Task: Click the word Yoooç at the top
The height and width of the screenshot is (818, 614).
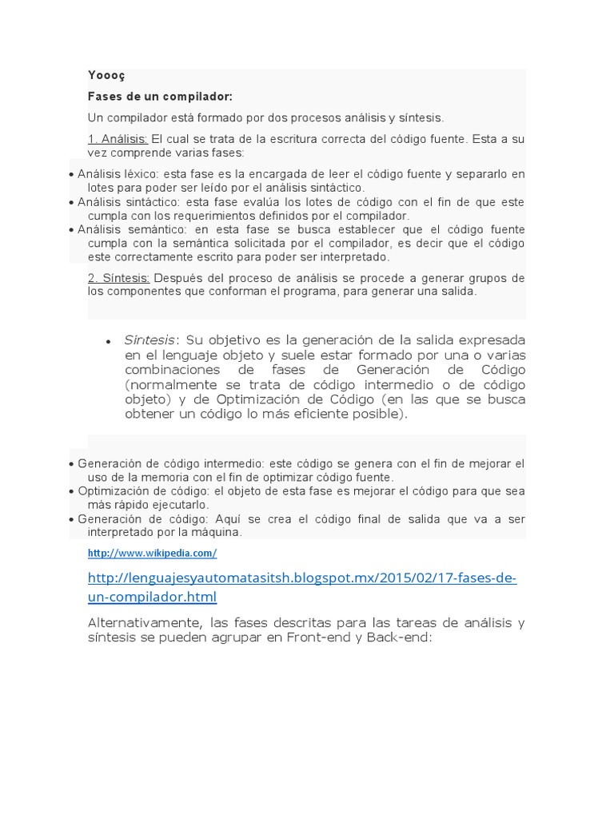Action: tap(106, 76)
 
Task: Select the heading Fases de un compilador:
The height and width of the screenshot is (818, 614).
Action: tap(160, 97)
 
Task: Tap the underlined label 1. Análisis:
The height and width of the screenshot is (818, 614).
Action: tap(118, 139)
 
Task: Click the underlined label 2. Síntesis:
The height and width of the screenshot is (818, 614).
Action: tap(119, 278)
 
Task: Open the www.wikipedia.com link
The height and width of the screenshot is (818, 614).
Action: tap(152, 553)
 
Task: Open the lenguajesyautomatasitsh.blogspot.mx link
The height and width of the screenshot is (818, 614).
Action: tap(302, 578)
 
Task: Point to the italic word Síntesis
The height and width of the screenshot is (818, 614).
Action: tap(149, 340)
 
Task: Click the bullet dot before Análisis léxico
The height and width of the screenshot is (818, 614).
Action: tap(72, 174)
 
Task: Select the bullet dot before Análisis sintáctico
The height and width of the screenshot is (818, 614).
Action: tap(72, 202)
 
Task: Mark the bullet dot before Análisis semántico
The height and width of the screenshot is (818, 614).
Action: tap(72, 229)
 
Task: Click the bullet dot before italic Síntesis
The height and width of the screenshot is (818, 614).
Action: tap(107, 341)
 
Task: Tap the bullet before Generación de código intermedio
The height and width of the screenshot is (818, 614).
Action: tap(72, 463)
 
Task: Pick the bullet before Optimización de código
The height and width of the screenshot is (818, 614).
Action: tap(72, 491)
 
